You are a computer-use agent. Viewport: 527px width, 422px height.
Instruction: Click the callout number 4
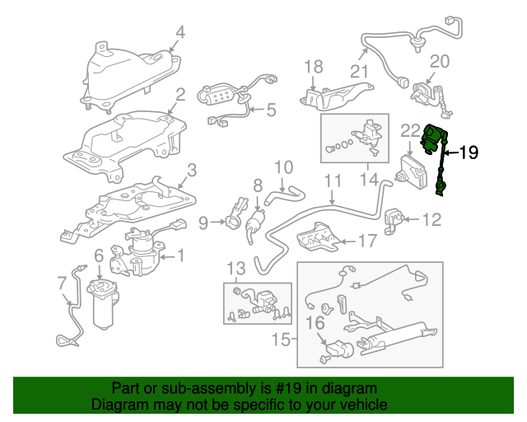tap(180, 33)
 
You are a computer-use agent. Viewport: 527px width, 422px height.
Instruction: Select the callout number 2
tap(180, 95)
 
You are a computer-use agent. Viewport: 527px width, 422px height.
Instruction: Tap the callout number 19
tap(468, 152)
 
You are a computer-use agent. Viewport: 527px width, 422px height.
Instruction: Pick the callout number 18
tap(314, 67)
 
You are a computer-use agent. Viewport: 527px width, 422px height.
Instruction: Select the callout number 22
tap(410, 129)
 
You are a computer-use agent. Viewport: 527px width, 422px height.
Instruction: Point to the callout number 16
tap(316, 324)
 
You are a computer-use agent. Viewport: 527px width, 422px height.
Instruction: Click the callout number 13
tap(236, 269)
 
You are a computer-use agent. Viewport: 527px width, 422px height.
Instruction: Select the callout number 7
tap(63, 283)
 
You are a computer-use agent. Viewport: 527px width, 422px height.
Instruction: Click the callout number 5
tap(271, 109)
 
